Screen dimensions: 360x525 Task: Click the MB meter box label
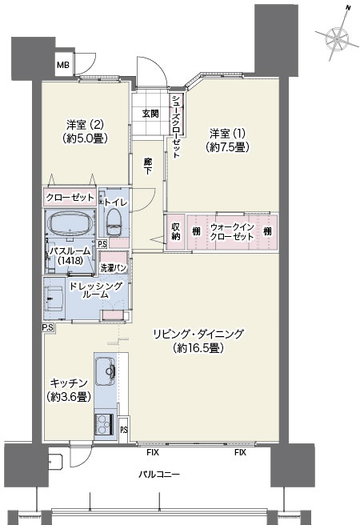point(63,65)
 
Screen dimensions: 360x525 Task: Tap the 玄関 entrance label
point(150,114)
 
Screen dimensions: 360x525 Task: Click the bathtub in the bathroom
point(70,223)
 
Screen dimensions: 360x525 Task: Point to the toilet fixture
point(114,221)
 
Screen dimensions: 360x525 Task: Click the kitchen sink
point(106,371)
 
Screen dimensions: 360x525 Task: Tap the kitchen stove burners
point(104,424)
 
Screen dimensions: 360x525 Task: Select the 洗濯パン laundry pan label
point(114,268)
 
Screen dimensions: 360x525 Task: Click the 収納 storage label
point(176,231)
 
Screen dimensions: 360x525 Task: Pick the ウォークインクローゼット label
point(232,232)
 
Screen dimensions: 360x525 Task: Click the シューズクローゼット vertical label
point(176,126)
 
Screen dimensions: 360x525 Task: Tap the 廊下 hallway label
point(147,166)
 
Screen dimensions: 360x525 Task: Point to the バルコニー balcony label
point(159,474)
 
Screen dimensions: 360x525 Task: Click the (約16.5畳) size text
point(198,349)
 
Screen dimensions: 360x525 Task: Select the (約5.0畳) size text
point(85,138)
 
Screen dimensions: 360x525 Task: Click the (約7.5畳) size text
point(227,147)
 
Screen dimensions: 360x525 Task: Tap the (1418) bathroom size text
point(70,260)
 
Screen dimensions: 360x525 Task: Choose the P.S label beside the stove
point(124,430)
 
